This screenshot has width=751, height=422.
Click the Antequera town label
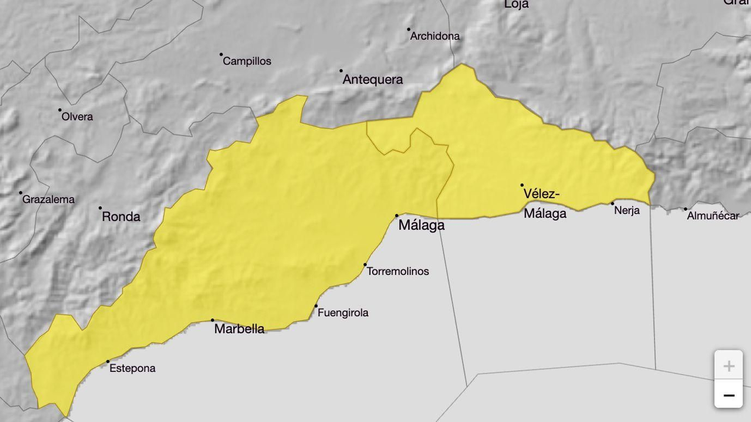coord(373,80)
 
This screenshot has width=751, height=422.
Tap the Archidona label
coord(435,36)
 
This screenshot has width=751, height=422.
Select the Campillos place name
coord(247,61)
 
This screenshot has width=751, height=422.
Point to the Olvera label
coord(77,117)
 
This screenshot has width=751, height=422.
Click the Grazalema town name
coord(48,199)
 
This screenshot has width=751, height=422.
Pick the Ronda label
coord(121,217)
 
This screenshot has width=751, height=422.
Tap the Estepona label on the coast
coord(132,369)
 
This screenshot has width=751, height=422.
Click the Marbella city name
coord(239,329)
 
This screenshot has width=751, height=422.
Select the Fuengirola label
coord(343,313)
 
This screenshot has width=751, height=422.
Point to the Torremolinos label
coord(398,271)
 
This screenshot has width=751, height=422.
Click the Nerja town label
coord(627,211)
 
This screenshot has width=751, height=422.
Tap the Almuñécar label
coord(713,216)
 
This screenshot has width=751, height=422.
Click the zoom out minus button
coord(728,395)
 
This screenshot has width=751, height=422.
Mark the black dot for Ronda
coord(100,208)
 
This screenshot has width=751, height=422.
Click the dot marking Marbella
coord(213,320)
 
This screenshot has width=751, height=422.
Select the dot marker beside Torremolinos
coord(365,265)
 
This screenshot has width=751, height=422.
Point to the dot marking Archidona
coord(409,29)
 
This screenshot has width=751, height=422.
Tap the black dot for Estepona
coord(108,362)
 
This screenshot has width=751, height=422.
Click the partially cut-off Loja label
coord(516,4)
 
